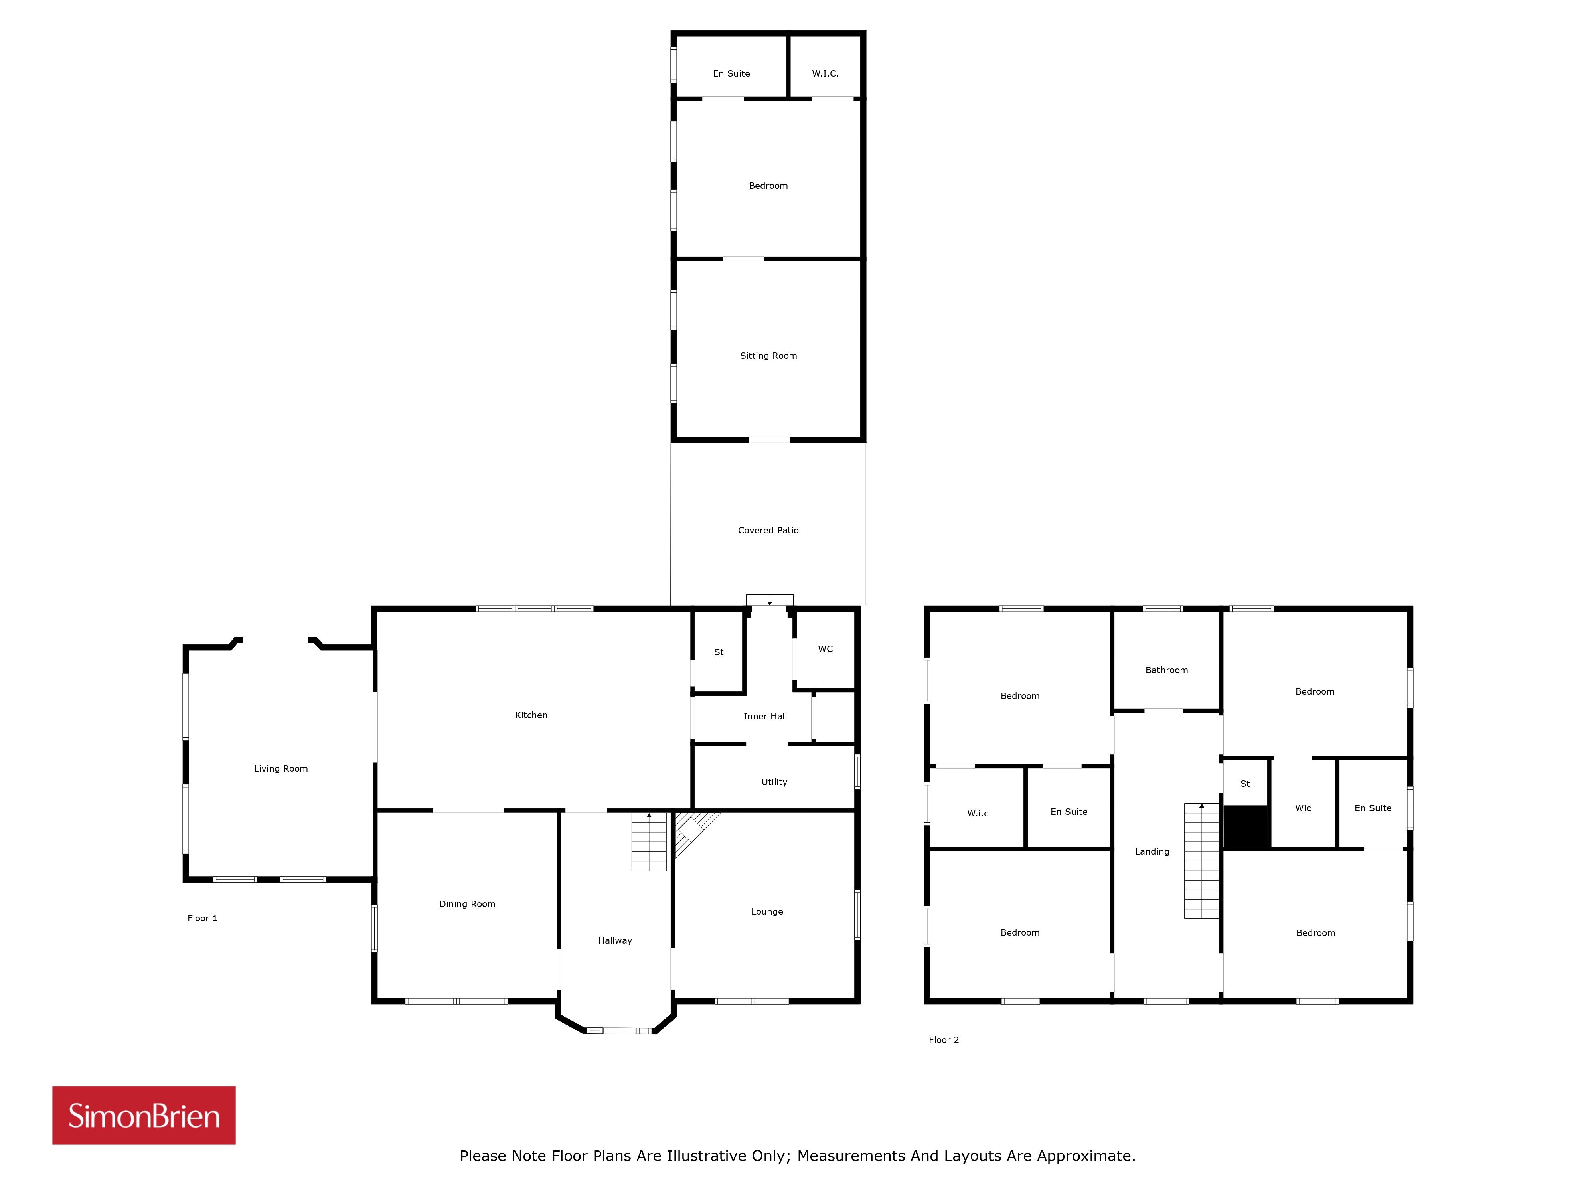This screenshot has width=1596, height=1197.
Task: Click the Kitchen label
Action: point(531,715)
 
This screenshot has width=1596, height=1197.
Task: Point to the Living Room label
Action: point(280,768)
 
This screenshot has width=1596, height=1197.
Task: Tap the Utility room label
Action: point(774,782)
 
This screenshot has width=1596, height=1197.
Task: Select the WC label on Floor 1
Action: point(826,649)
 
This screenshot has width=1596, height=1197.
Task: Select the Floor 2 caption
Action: point(944,1040)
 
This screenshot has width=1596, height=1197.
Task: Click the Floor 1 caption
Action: point(202,918)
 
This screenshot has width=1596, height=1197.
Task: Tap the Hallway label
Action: point(615,940)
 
